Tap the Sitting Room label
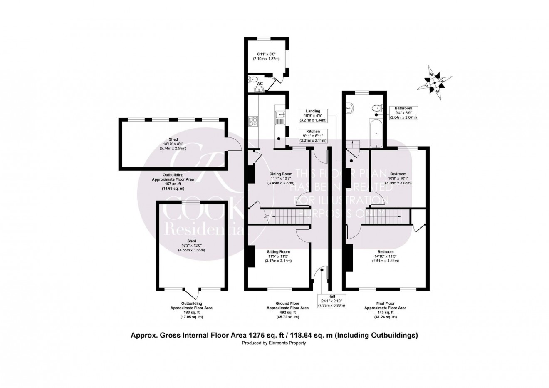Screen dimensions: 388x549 click(278, 252)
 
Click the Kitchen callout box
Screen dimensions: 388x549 click(313, 136)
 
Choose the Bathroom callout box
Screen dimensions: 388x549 click(403, 113)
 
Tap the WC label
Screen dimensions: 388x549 click(260, 84)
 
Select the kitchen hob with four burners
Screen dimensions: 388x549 click(253, 121)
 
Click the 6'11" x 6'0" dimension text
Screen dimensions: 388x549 click(267, 57)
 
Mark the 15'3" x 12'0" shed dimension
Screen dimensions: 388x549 click(192, 246)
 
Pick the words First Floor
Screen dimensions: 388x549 click(385, 303)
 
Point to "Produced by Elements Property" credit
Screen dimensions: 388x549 click(274, 343)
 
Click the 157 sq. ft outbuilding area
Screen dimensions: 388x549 click(173, 184)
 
